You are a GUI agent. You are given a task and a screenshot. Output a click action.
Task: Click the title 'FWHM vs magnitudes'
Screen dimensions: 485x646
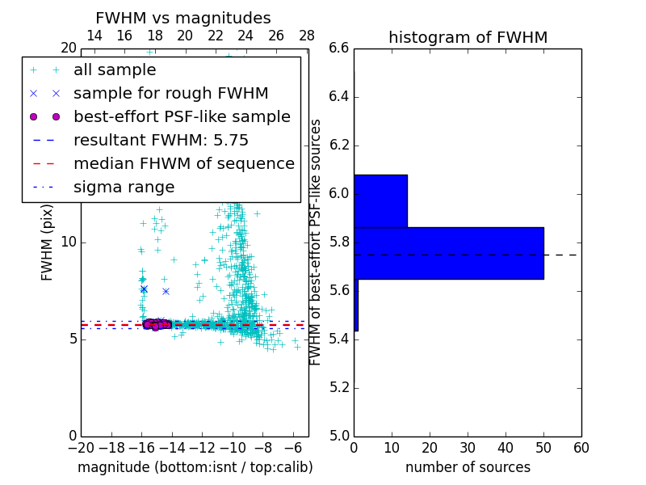[183, 18]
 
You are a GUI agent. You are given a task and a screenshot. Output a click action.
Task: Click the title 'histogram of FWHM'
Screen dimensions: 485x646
[468, 37]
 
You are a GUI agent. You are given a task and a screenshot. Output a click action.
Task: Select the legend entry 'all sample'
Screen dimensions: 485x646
[115, 70]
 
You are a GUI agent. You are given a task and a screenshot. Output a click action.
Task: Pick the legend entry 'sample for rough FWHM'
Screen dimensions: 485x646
[170, 94]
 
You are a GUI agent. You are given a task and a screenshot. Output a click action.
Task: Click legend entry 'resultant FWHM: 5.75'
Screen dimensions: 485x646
[161, 141]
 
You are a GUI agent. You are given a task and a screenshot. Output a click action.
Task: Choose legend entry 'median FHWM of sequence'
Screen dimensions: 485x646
[183, 164]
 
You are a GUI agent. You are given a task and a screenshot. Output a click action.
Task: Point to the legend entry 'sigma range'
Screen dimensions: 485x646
[124, 188]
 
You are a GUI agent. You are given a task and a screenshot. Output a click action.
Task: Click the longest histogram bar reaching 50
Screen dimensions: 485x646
[448, 253]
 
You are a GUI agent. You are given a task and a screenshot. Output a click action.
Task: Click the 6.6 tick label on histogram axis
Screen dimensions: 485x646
[339, 48]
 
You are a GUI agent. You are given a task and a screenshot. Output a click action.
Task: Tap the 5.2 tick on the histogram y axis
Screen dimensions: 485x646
[339, 387]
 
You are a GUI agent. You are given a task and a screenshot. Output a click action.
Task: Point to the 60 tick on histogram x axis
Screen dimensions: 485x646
[581, 448]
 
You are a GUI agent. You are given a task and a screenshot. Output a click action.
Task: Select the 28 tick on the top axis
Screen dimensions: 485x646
[307, 36]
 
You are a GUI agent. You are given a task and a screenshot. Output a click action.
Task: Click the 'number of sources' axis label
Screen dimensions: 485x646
[468, 467]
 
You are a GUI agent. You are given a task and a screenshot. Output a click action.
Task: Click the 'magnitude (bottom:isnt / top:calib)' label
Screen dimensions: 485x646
[195, 467]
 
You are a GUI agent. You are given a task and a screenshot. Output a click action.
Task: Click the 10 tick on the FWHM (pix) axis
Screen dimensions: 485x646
[69, 242]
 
